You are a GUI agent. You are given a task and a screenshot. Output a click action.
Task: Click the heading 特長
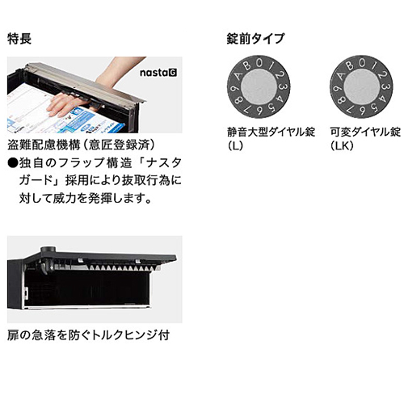point(19,39)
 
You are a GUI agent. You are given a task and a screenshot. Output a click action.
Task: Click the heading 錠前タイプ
point(255,39)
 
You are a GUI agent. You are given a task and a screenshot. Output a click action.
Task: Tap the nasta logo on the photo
point(158,73)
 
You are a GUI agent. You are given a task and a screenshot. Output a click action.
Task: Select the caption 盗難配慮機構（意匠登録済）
point(82,145)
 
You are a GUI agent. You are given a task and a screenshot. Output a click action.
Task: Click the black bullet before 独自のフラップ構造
point(13,163)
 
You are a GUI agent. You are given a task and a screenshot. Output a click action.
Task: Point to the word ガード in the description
point(36,180)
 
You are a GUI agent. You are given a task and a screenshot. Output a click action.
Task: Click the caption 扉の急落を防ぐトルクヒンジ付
point(88,335)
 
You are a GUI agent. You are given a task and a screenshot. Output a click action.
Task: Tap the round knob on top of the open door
point(48,250)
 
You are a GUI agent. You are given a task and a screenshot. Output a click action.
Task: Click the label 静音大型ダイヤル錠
point(271,133)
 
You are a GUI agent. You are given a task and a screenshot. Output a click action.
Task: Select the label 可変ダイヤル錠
point(365,133)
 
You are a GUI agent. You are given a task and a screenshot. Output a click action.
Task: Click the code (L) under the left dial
point(235,145)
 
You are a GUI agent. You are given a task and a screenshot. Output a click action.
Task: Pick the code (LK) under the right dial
point(342,145)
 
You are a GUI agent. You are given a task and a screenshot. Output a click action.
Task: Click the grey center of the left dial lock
point(259,86)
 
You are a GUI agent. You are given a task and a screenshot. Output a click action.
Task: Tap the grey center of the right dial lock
point(361,86)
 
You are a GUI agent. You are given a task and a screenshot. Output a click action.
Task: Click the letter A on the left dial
point(238,75)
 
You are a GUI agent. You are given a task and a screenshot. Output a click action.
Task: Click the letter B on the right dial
point(350,65)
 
